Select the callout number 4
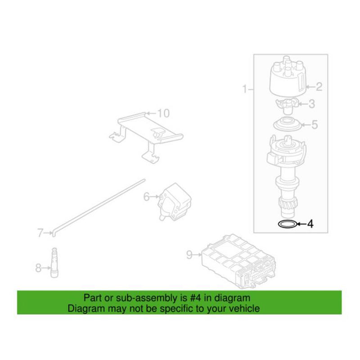[310, 224]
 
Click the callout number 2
[319, 87]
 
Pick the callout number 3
[311, 104]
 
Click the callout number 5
[315, 125]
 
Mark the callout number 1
[245, 89]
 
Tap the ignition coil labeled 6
[175, 202]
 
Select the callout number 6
[147, 197]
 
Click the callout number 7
[40, 233]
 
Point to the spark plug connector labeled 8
[54, 263]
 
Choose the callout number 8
[38, 268]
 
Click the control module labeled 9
[238, 262]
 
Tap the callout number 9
[189, 255]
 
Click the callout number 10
[163, 113]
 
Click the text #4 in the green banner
[195, 298]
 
